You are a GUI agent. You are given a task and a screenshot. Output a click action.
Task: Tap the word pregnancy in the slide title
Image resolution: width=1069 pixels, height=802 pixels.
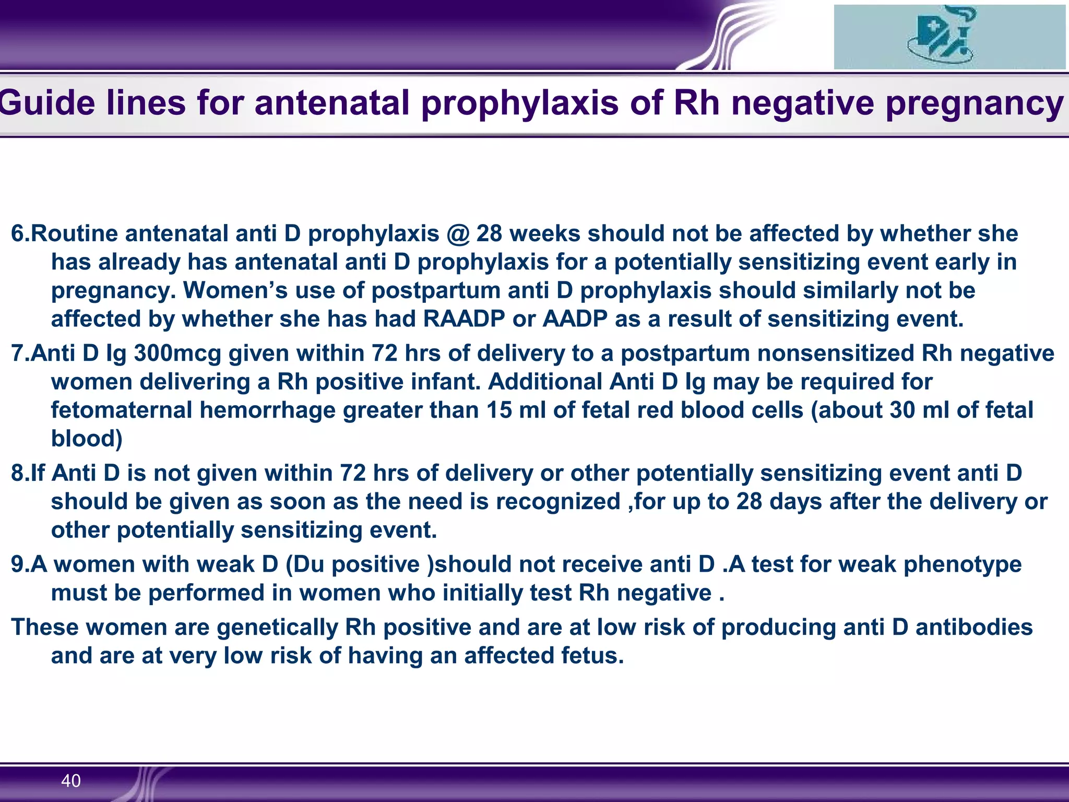pyautogui.click(x=974, y=103)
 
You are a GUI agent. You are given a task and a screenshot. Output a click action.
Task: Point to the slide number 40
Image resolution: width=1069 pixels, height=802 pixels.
pyautogui.click(x=71, y=781)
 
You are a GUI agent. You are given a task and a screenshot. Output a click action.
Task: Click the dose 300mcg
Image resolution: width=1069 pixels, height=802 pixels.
pyautogui.click(x=178, y=353)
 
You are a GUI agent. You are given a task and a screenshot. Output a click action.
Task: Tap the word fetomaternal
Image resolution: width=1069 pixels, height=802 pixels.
pyautogui.click(x=122, y=410)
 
